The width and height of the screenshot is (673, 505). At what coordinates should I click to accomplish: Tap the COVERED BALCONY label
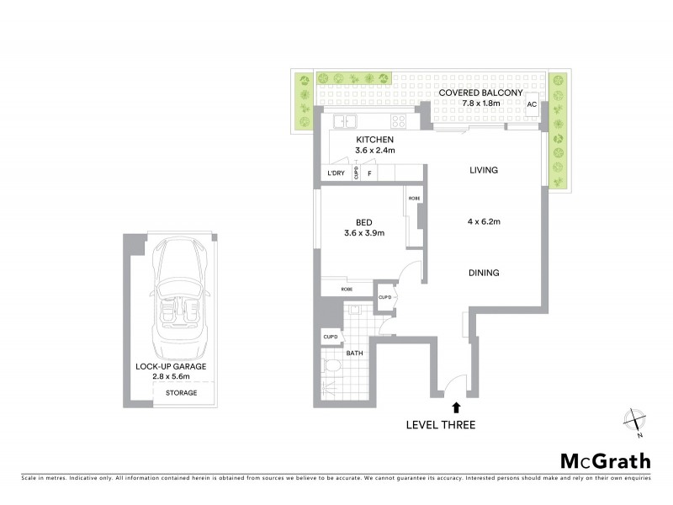pyautogui.click(x=481, y=93)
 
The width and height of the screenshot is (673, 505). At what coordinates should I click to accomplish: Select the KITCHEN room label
pyautogui.click(x=374, y=139)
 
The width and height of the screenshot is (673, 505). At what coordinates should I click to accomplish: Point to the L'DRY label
pyautogui.click(x=336, y=174)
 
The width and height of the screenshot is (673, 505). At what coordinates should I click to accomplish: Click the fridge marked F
pyautogui.click(x=368, y=174)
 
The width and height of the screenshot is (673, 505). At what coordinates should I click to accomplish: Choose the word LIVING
pyautogui.click(x=484, y=170)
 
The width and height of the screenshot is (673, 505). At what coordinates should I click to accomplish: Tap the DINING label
pyautogui.click(x=484, y=273)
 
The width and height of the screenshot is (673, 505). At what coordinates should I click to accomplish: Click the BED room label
pyautogui.click(x=364, y=222)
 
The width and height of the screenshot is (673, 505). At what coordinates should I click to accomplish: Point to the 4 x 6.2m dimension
pyautogui.click(x=484, y=222)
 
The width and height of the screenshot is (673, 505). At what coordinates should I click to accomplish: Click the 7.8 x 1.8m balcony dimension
pyautogui.click(x=481, y=104)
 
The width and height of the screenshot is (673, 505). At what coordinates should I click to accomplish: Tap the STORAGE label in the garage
pyautogui.click(x=181, y=393)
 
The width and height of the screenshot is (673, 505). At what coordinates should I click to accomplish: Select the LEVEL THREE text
pyautogui.click(x=440, y=425)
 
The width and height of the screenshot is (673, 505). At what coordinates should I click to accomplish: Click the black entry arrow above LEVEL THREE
pyautogui.click(x=456, y=408)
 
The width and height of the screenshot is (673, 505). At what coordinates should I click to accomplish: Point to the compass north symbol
pyautogui.click(x=634, y=421)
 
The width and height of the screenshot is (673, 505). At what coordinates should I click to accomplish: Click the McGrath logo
pyautogui.click(x=606, y=460)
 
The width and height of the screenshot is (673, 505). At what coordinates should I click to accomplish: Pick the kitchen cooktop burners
pyautogui.click(x=398, y=121)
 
